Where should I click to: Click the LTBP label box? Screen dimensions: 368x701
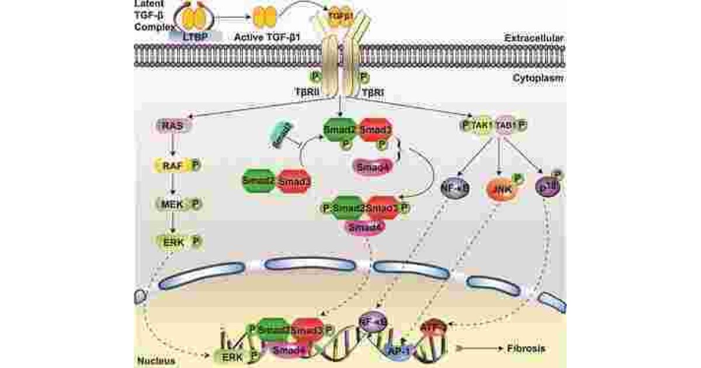195,36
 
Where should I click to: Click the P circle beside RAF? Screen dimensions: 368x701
196,166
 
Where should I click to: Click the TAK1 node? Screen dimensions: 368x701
480,125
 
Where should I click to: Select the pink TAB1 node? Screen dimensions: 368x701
505,125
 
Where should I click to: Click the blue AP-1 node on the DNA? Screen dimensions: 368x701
401,349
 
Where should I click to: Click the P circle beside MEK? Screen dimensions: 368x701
196,204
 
